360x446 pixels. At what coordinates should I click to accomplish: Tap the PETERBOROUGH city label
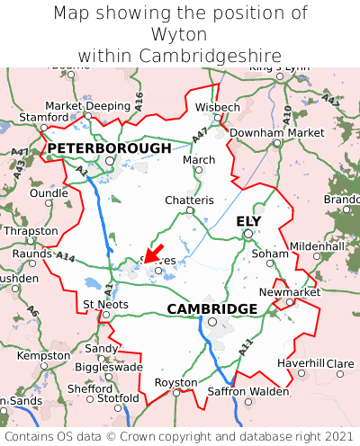click(109, 147)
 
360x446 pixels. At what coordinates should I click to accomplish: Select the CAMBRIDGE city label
click(212, 308)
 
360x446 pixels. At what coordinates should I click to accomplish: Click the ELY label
click(249, 221)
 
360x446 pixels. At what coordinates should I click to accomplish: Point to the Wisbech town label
click(218, 107)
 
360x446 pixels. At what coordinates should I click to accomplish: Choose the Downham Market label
click(277, 132)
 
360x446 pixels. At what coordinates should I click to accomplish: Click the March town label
click(199, 159)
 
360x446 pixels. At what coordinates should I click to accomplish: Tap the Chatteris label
click(190, 200)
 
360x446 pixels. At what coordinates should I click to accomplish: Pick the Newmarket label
click(290, 292)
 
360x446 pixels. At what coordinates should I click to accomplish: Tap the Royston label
click(176, 381)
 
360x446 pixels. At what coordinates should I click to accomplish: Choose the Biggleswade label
click(108, 367)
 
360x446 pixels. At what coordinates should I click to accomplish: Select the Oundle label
click(49, 192)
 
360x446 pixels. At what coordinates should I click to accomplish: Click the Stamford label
click(43, 117)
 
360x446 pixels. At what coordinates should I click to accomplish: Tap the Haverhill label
click(301, 362)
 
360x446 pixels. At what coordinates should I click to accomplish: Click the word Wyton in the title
click(180, 34)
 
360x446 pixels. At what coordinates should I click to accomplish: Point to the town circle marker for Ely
click(247, 234)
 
